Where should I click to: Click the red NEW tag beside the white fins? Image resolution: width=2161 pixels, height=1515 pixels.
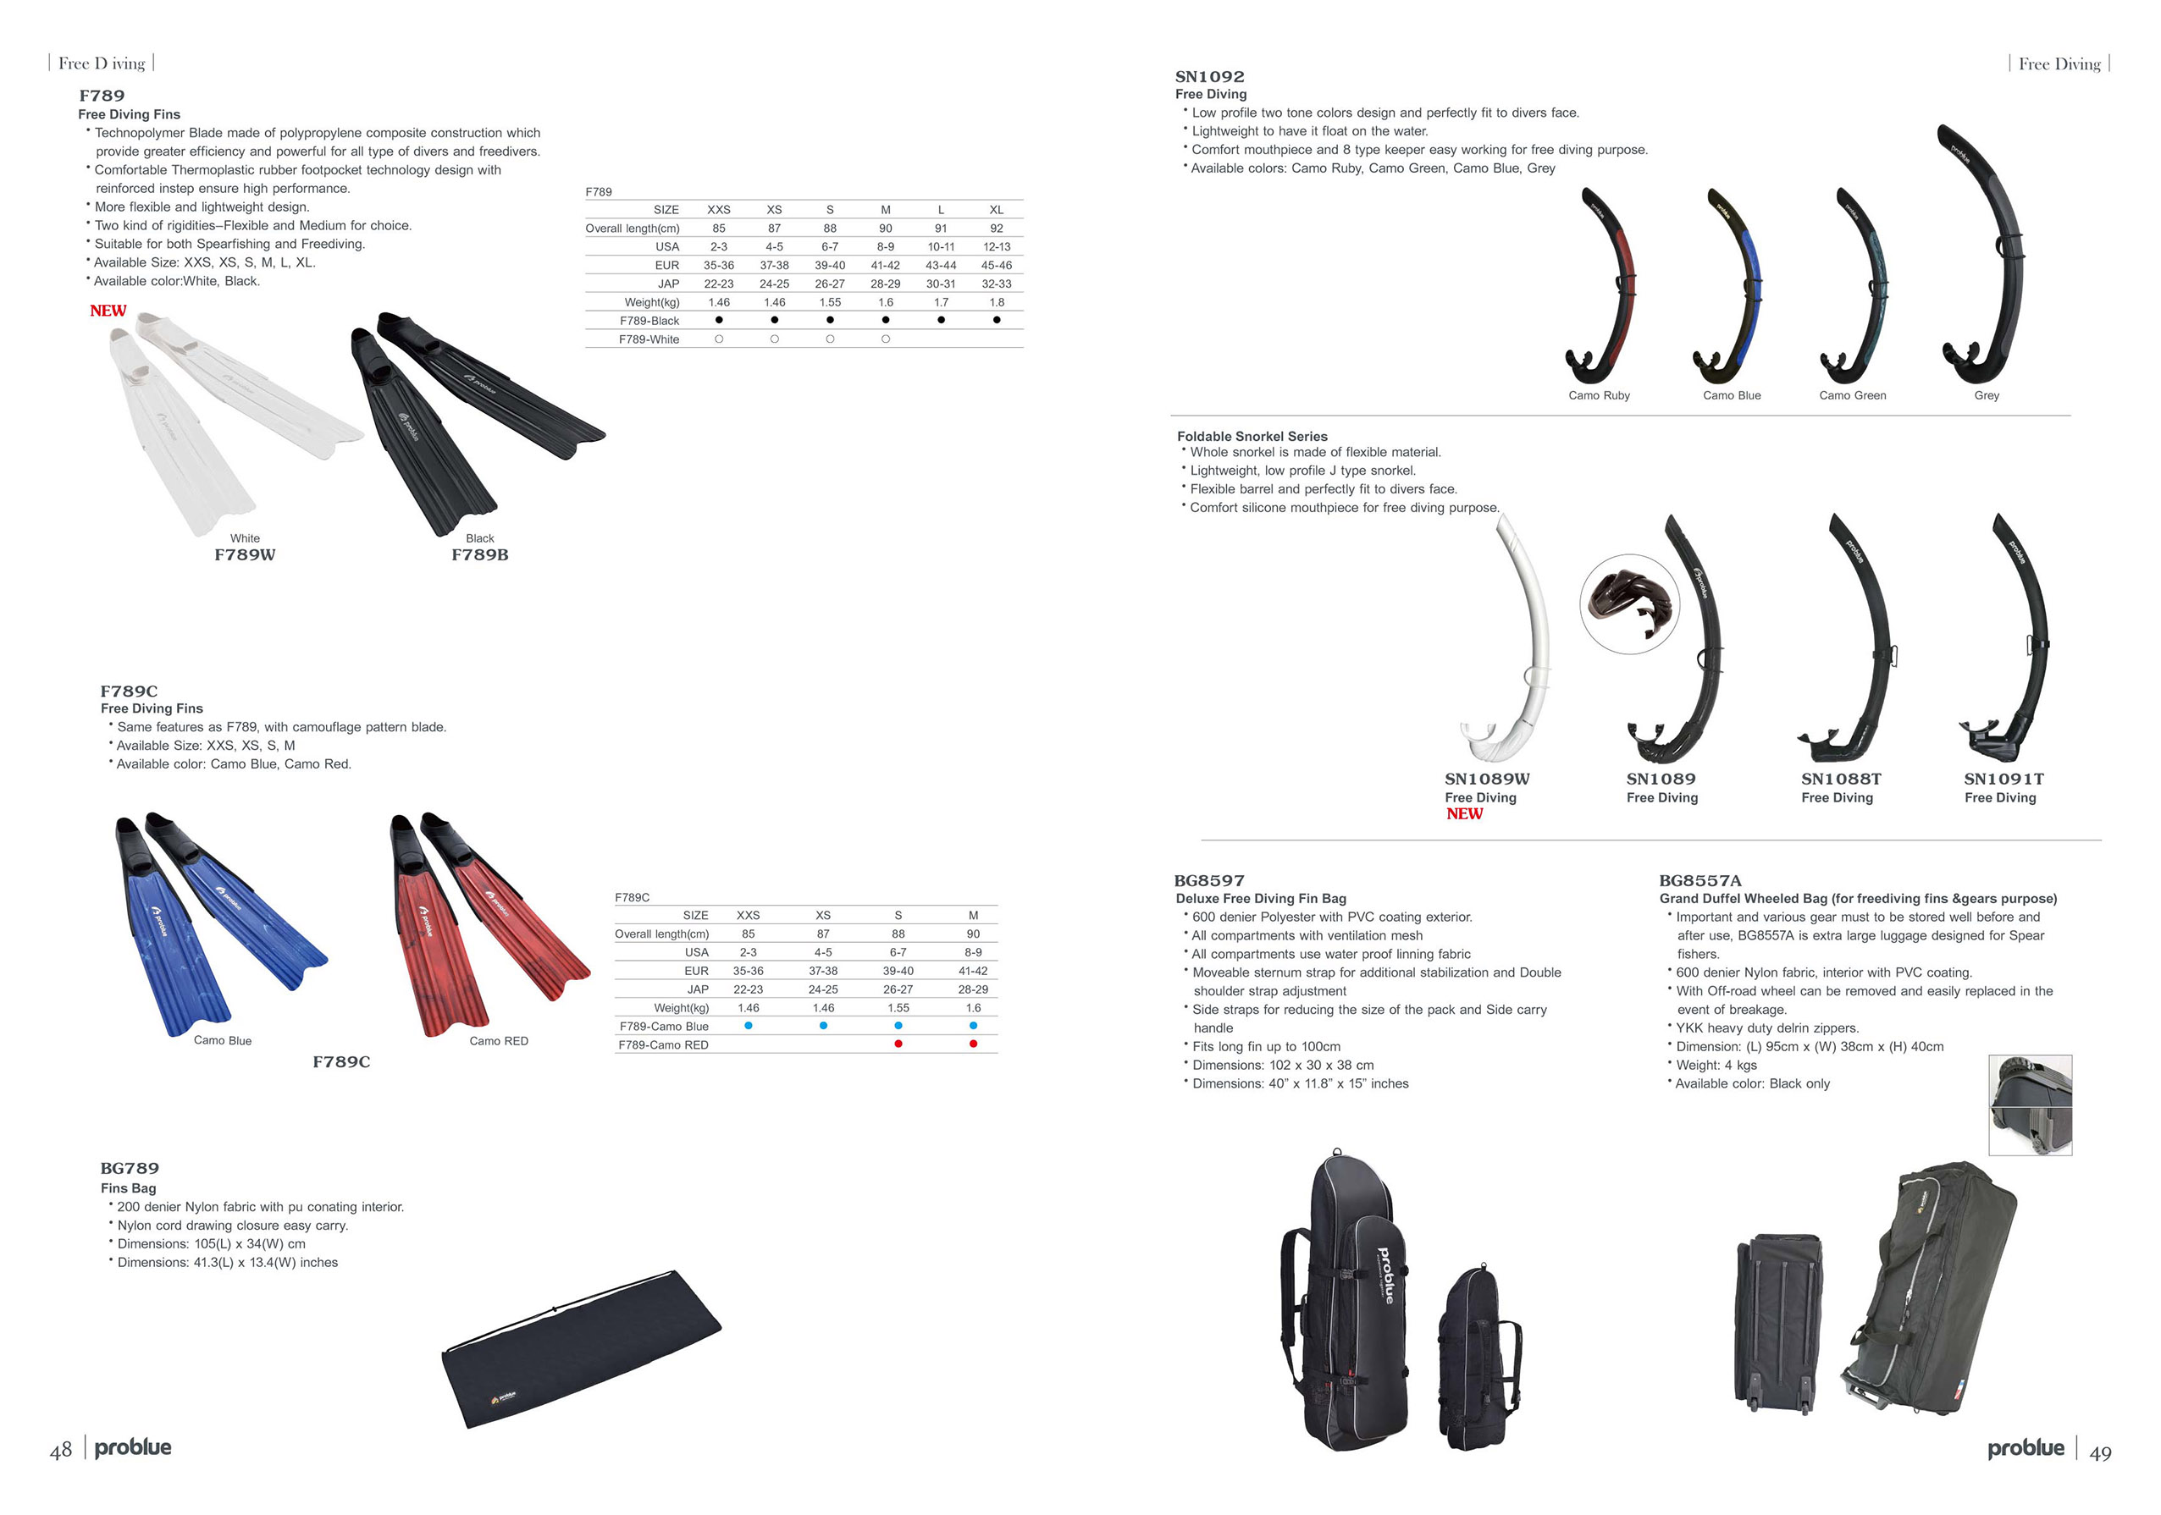pyautogui.click(x=108, y=311)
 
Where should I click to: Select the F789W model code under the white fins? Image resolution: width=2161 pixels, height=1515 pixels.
pyautogui.click(x=245, y=555)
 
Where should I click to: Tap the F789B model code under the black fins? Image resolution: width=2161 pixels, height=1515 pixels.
pyautogui.click(x=480, y=555)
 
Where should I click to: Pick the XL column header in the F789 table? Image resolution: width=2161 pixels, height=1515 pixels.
pyautogui.click(x=997, y=210)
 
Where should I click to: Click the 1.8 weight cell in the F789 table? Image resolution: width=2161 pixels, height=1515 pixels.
pyautogui.click(x=997, y=302)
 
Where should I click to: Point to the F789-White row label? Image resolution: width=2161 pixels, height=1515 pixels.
pyautogui.click(x=649, y=339)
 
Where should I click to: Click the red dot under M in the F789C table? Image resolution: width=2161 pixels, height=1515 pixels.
pyautogui.click(x=973, y=1044)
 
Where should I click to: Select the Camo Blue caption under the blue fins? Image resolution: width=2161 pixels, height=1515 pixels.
pyautogui.click(x=223, y=1041)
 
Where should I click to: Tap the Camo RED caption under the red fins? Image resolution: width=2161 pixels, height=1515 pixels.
pyautogui.click(x=499, y=1041)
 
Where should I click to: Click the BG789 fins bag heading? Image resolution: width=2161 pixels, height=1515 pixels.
pyautogui.click(x=130, y=1169)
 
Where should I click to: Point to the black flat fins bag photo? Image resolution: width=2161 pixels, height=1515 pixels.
pyautogui.click(x=582, y=1348)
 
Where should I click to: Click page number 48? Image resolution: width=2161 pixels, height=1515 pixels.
pyautogui.click(x=61, y=1450)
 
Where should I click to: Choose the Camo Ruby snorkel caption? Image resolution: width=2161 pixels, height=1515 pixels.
pyautogui.click(x=1599, y=396)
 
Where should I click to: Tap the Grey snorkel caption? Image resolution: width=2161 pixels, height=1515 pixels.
pyautogui.click(x=1987, y=396)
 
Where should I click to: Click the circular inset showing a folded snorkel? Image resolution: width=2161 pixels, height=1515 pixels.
pyautogui.click(x=1629, y=604)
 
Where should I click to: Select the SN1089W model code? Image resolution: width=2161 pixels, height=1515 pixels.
pyautogui.click(x=1487, y=780)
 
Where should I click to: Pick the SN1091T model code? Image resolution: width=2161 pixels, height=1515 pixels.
pyautogui.click(x=2003, y=780)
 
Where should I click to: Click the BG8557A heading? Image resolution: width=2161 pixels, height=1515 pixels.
pyautogui.click(x=1700, y=882)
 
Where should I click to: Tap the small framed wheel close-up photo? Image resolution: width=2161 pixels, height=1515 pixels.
pyautogui.click(x=2031, y=1105)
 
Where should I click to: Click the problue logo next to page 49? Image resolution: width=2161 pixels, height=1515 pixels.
pyautogui.click(x=2026, y=1448)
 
